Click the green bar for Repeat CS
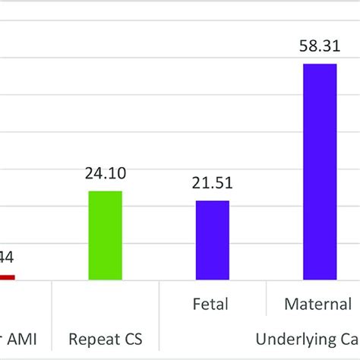coord(105,235)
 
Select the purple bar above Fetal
coord(212,240)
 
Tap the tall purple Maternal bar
coord(319,172)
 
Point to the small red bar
coord(6,277)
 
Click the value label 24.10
coord(105,174)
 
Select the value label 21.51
coord(212,183)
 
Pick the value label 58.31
coord(319,47)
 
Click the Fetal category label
coord(212,305)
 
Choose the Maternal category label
coord(317,305)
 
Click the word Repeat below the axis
coord(90,338)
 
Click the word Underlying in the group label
coord(292,338)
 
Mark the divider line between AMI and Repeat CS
coord(52,319)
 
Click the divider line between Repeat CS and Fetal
coord(159,319)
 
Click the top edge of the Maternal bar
coord(319,65)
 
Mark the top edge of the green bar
coord(105,191)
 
